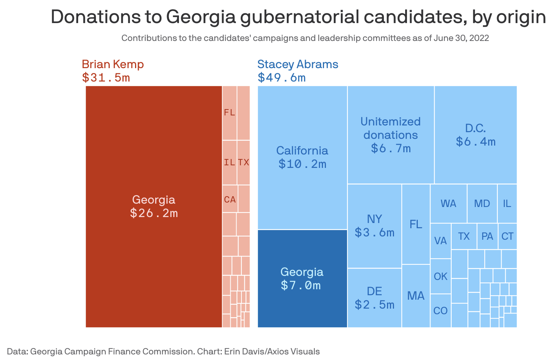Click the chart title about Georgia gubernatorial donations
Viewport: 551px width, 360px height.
click(x=298, y=17)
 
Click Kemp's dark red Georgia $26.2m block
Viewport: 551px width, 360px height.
click(x=154, y=206)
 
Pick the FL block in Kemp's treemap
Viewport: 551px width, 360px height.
click(x=230, y=112)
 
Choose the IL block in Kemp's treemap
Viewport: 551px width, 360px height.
click(x=230, y=162)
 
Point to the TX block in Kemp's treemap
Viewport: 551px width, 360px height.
click(x=243, y=162)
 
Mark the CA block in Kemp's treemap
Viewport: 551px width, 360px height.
click(x=230, y=199)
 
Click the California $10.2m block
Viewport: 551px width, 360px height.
click(x=302, y=157)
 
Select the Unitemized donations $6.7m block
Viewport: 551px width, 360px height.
click(x=391, y=135)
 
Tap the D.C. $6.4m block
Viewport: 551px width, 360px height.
click(x=475, y=135)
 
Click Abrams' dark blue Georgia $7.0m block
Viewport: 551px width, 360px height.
click(x=302, y=278)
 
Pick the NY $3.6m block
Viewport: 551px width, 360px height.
click(x=374, y=226)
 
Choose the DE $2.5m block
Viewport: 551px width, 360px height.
click(x=374, y=298)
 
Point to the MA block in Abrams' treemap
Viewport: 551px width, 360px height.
click(x=416, y=296)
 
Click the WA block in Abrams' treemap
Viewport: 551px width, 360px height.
click(x=448, y=204)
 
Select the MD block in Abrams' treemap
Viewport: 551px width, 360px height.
click(x=482, y=204)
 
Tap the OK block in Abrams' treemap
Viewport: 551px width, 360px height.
click(x=441, y=276)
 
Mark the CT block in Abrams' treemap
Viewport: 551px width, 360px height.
click(x=507, y=236)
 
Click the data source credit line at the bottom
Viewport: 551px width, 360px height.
click(x=163, y=351)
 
